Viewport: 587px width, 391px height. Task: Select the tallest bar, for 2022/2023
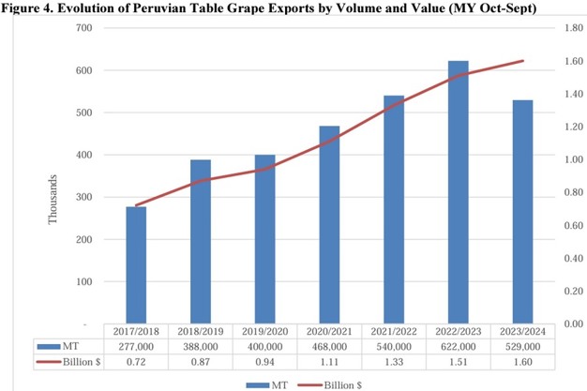[x=459, y=192]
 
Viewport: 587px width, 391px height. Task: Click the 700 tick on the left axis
[x=83, y=28]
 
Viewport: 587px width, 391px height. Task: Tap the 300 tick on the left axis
[x=83, y=197]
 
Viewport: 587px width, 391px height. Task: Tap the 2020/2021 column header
[x=329, y=332]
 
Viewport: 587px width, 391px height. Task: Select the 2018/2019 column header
[x=201, y=332]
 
